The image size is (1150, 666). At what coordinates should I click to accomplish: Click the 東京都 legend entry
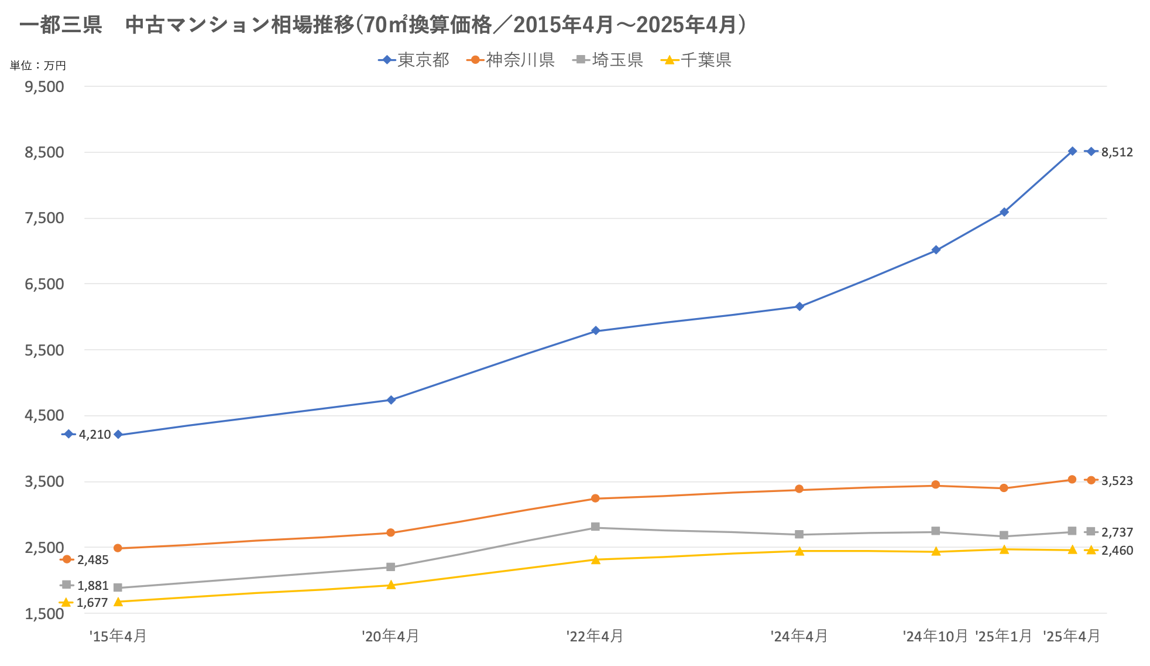414,60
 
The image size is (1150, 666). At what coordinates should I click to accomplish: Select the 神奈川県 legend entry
511,60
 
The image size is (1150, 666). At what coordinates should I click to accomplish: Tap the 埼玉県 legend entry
608,60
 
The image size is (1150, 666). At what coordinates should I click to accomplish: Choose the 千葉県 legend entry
696,60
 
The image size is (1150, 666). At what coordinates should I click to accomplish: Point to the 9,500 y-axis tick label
44,87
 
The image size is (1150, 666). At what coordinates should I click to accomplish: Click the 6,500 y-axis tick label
44,284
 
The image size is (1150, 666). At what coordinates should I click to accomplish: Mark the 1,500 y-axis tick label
44,614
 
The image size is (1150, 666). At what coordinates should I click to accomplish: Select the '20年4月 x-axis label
390,636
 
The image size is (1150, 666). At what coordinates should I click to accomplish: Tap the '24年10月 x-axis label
935,636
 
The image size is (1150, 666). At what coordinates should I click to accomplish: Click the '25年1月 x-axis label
1004,636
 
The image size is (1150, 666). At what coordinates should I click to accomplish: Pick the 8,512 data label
1117,152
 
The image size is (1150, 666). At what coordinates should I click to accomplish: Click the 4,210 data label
95,435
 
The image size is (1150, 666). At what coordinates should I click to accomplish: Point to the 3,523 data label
1117,481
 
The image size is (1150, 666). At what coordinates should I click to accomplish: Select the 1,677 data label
92,603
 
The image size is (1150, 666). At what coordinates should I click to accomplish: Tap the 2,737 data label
1117,532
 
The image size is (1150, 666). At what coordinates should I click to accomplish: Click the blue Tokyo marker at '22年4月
595,331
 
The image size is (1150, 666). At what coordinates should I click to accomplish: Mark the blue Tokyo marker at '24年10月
936,250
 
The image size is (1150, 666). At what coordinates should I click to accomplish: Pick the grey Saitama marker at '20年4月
391,567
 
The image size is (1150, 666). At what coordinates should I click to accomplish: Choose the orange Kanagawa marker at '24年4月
799,490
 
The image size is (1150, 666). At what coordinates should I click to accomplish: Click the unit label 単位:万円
38,66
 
